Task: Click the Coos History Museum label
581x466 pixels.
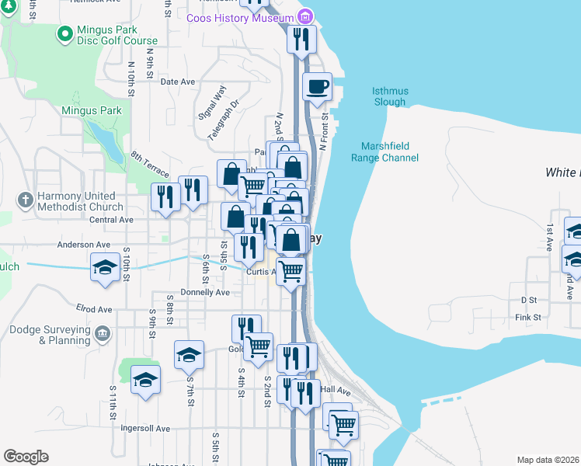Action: coord(240,18)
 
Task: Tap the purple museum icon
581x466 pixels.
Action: coord(305,17)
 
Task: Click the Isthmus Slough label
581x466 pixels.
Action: coord(389,96)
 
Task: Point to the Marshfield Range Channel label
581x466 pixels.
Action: coord(390,152)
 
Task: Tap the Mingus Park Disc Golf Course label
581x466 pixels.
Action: coord(117,35)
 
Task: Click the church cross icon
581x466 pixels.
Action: coord(26,200)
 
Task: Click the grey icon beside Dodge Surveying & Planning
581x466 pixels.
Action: coord(102,334)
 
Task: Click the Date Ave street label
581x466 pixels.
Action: coord(177,82)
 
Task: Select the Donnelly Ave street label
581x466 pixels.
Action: coord(204,293)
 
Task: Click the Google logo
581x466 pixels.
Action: coord(26,457)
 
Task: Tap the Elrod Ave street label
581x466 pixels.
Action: coord(94,309)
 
